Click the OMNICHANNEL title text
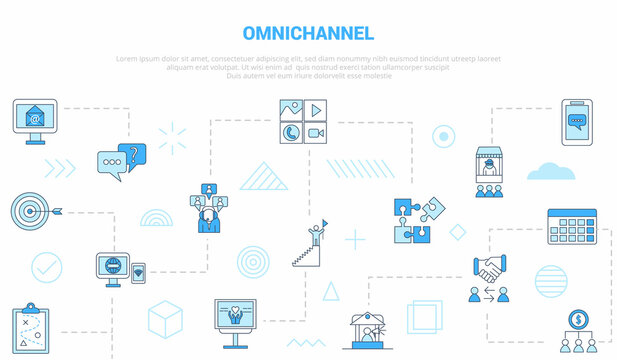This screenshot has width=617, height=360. coord(308,34)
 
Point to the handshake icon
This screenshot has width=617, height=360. coord(489,269)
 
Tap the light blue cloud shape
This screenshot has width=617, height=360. coord(551,170)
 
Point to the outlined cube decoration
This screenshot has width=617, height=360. coord(165,319)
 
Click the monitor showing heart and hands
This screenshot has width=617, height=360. coord(236,318)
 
